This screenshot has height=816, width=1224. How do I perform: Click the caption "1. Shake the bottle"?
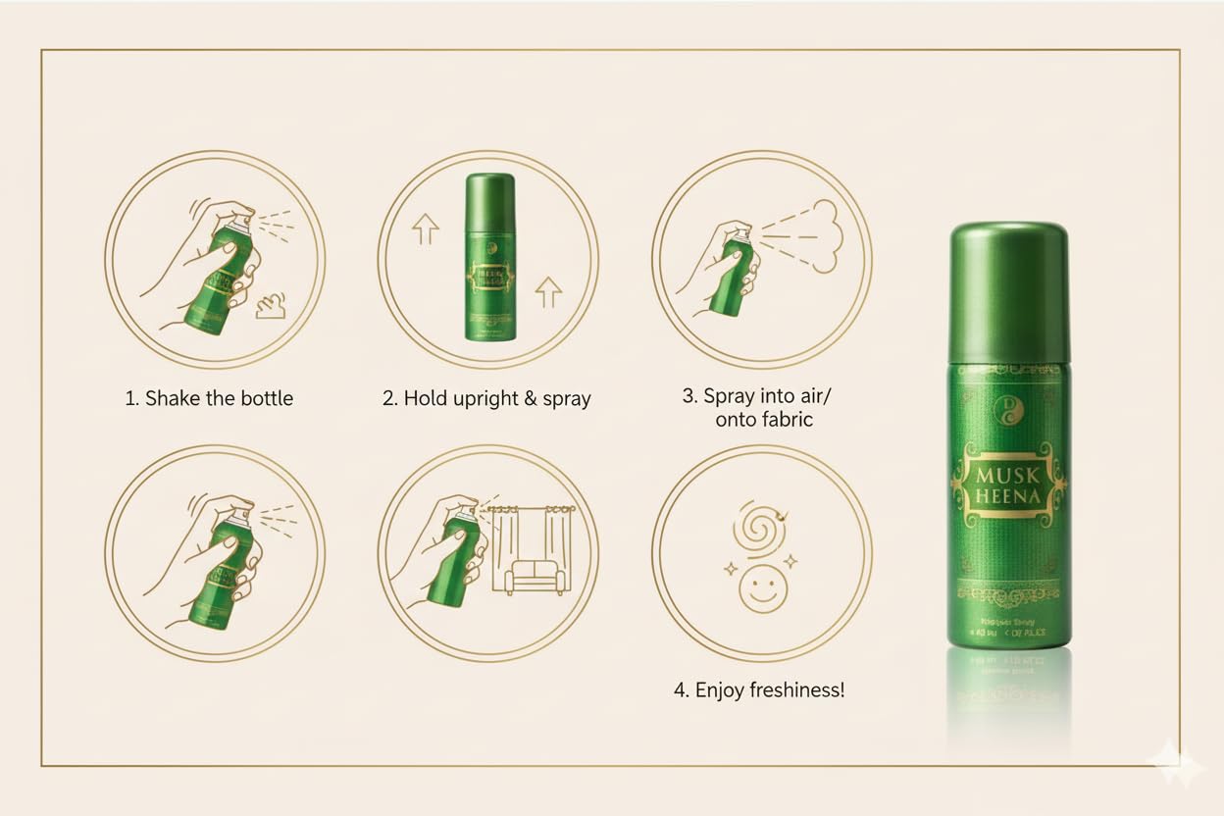pyautogui.click(x=209, y=399)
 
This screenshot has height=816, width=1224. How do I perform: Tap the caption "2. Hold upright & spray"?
pyautogui.click(x=486, y=399)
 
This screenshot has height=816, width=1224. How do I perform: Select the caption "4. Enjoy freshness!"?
pyautogui.click(x=758, y=690)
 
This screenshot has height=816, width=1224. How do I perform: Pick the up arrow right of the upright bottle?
pyautogui.click(x=548, y=291)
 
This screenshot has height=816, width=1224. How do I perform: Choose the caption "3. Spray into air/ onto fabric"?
pyautogui.click(x=759, y=408)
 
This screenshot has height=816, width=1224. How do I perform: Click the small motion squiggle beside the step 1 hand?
pyautogui.click(x=276, y=309)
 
